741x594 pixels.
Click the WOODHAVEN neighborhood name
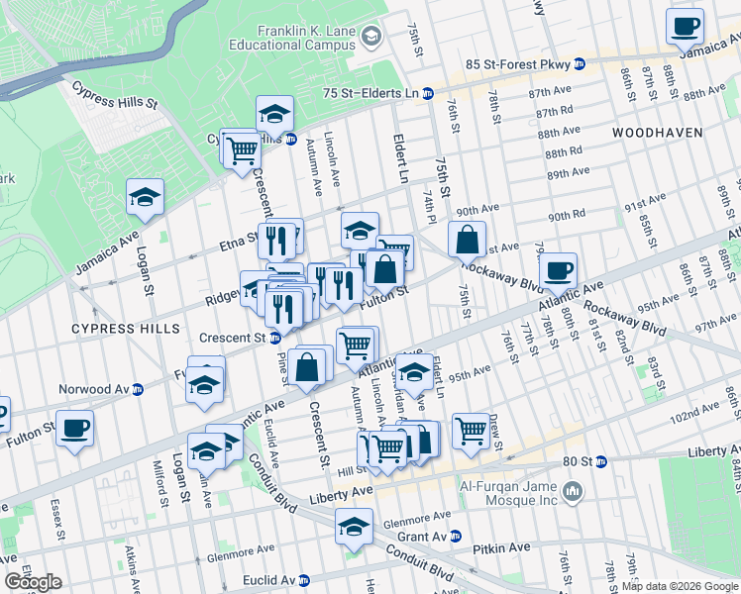point(657,132)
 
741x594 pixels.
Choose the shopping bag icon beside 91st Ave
point(467,240)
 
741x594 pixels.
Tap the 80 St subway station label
point(583,461)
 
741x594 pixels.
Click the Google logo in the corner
point(33,582)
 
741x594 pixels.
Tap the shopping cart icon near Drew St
point(470,431)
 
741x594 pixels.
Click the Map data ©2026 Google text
point(679,586)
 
